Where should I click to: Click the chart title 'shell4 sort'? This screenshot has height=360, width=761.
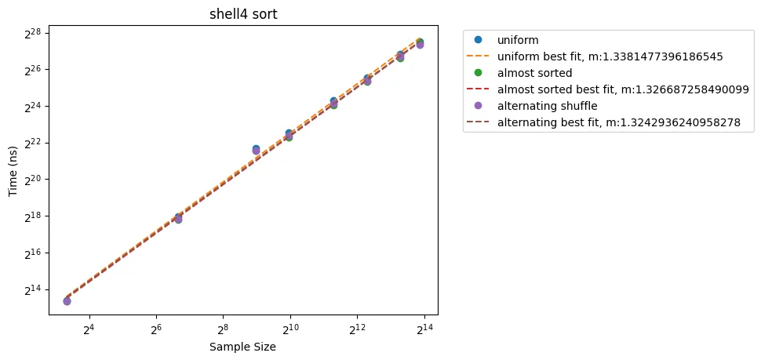coord(243,14)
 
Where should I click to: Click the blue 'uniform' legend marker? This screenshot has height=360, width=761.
coord(478,39)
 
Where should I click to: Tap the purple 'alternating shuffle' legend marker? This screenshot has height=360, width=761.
coord(478,106)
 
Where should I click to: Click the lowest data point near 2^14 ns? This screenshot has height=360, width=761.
coord(67,301)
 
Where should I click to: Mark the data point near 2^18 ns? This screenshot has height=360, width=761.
coord(178,219)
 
